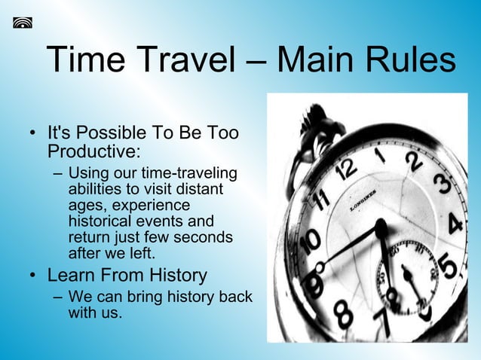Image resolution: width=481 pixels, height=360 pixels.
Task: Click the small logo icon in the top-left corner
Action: [x=23, y=22]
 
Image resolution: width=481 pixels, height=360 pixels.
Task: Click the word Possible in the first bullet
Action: [x=113, y=133]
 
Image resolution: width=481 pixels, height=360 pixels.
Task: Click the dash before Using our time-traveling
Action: [x=58, y=175]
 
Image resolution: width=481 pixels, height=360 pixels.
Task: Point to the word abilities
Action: [x=94, y=190]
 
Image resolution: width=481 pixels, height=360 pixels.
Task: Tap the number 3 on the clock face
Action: [x=443, y=185]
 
